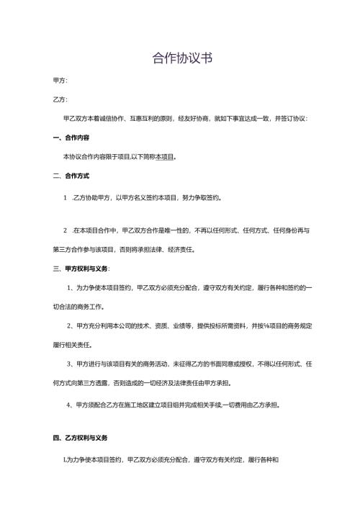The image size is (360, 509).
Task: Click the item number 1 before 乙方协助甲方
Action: pyautogui.click(x=66, y=197)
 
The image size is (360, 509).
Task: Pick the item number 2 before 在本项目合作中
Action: pyautogui.click(x=66, y=230)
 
